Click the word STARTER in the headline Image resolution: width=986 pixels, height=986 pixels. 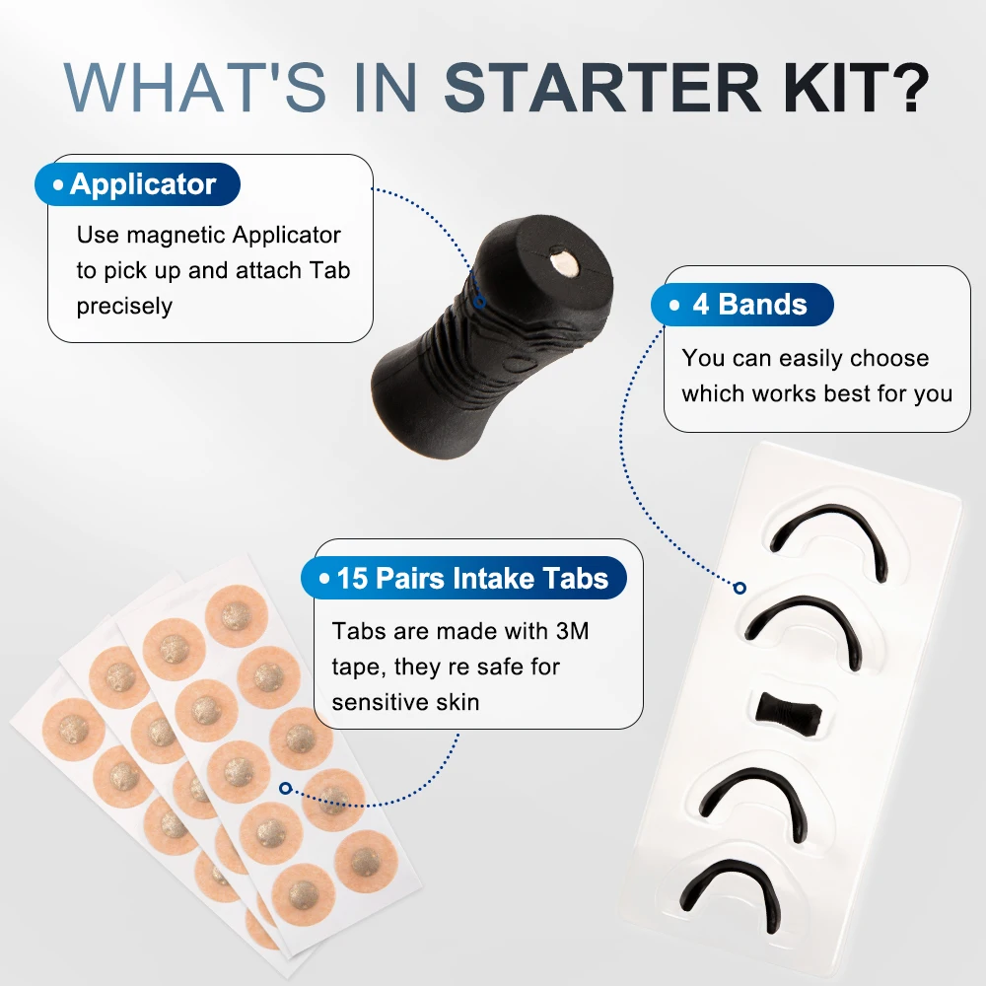pos(603,87)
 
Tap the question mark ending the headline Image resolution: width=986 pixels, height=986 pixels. pos(909,87)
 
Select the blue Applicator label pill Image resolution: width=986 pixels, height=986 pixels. pos(137,184)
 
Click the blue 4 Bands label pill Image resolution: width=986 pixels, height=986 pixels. pos(742,305)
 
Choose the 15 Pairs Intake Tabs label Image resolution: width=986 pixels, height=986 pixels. pos(463,578)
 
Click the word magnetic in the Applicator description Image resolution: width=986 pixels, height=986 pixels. pos(176,236)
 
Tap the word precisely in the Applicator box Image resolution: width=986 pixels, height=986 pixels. pos(124,307)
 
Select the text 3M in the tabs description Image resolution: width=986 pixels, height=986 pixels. pos(572,631)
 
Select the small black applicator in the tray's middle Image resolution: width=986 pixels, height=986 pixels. pos(789,713)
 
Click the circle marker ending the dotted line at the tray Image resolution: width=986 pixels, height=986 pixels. pos(739,588)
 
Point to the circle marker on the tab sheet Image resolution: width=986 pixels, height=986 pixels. pos(286,788)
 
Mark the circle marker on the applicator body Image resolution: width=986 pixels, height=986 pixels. pos(479,303)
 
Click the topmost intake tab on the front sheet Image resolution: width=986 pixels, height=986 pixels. pos(236,615)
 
